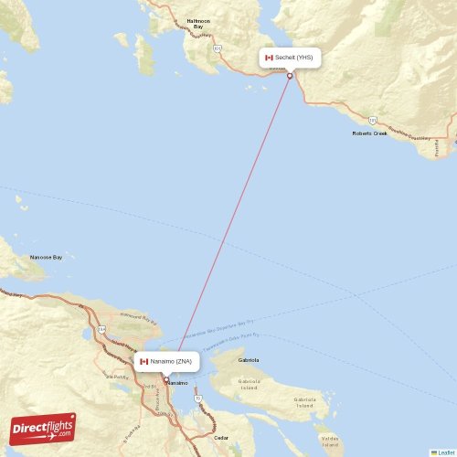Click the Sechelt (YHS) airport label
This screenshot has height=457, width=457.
[x=294, y=58]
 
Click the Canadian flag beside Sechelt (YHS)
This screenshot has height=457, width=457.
[x=269, y=58]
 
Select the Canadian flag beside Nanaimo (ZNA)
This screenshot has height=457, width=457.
[x=143, y=362]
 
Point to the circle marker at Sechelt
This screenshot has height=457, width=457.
[x=290, y=75]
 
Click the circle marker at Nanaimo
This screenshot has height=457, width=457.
[x=165, y=380]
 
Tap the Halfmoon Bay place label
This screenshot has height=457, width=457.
[x=198, y=24]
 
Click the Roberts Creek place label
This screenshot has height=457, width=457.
[x=369, y=133]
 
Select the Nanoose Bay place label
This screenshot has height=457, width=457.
[x=46, y=257]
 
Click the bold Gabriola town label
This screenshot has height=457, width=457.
[x=249, y=360]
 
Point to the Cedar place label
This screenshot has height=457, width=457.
[x=221, y=438]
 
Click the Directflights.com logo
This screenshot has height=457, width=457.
[x=43, y=428]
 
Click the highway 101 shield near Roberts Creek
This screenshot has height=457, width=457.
[x=373, y=119]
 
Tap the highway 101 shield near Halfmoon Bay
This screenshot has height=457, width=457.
[x=218, y=48]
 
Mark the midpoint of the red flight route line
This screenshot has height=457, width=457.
[x=228, y=228]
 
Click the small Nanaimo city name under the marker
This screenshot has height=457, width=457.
[x=177, y=383]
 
